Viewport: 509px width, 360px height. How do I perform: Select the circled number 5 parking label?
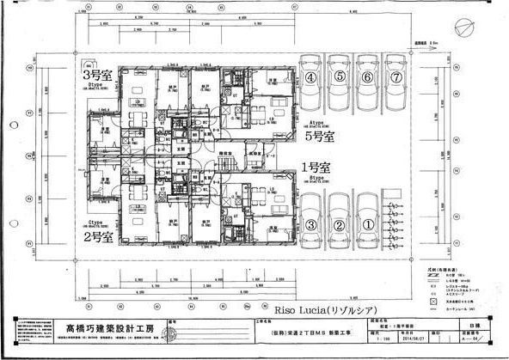pyautogui.click(x=340, y=77)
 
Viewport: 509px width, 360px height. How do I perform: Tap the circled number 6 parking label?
pyautogui.click(x=369, y=77)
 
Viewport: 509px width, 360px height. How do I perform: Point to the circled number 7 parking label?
pyautogui.click(x=396, y=77)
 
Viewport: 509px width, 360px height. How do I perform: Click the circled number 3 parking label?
pyautogui.click(x=312, y=225)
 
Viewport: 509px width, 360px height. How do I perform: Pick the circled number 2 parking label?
pyautogui.click(x=340, y=225)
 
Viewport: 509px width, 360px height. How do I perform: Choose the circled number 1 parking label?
pyautogui.click(x=368, y=225)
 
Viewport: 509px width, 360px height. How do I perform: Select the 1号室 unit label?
pyautogui.click(x=315, y=168)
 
